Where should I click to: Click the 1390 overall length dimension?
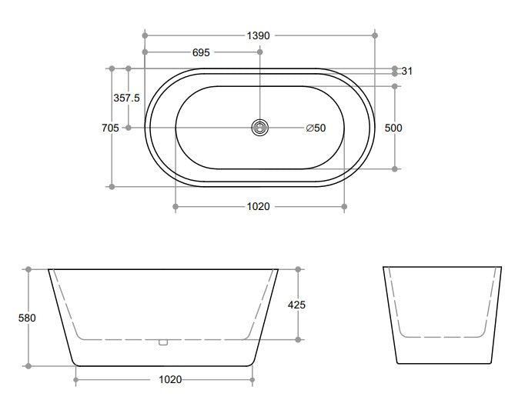pyautogui.click(x=259, y=35)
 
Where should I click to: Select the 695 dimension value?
pyautogui.click(x=202, y=52)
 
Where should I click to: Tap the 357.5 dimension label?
pyautogui.click(x=127, y=98)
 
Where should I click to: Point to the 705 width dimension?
pyautogui.click(x=110, y=128)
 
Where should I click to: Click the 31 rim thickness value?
pyautogui.click(x=407, y=71)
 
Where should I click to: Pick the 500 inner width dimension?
pyautogui.click(x=393, y=128)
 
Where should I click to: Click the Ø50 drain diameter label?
pyautogui.click(x=316, y=128)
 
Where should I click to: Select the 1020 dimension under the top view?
pyautogui.click(x=258, y=207)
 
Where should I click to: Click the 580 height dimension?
pyautogui.click(x=28, y=317)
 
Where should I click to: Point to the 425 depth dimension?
pyautogui.click(x=296, y=305)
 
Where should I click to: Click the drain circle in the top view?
pyautogui.click(x=260, y=128)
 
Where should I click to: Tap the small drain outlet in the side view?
pyautogui.click(x=162, y=342)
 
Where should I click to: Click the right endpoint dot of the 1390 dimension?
pyautogui.click(x=375, y=35)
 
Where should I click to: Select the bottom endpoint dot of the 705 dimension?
pyautogui.click(x=112, y=185)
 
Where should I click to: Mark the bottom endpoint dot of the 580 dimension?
pyautogui.click(x=28, y=365)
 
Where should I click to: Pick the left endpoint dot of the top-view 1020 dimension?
pyautogui.click(x=176, y=207)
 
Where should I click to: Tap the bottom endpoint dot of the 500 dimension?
pyautogui.click(x=396, y=168)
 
